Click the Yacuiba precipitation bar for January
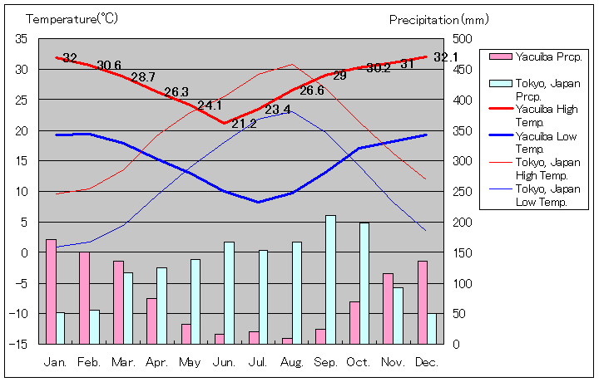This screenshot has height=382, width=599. pos(51,291)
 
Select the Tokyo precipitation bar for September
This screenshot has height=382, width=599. pos(330,279)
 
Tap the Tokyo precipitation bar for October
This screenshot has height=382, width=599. pos(364,282)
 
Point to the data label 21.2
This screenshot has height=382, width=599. pos(244,124)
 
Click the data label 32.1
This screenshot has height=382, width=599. pos(447,57)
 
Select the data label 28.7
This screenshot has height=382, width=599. pos(143,77)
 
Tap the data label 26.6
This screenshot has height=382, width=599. pos(311,91)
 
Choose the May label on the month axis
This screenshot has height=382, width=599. pos(190,362)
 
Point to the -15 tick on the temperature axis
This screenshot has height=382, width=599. pos(21,344)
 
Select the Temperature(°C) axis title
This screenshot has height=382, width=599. pos(72,17)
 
